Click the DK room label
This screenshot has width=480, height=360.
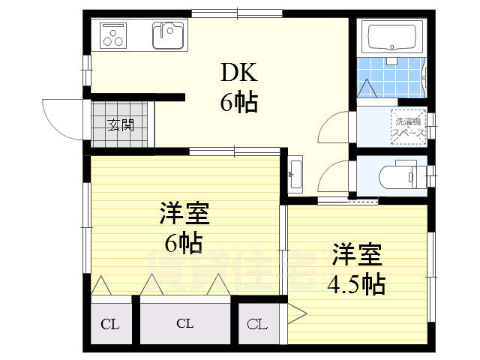point(238,73)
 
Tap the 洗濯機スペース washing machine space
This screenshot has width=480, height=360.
point(409,124)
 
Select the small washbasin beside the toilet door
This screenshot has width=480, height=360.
point(294,173)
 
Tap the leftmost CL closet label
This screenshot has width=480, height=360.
point(109,324)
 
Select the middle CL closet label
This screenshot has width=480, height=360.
point(184,324)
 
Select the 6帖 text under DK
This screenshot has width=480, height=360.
point(238,102)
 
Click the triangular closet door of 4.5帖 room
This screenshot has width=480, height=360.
point(295,311)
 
